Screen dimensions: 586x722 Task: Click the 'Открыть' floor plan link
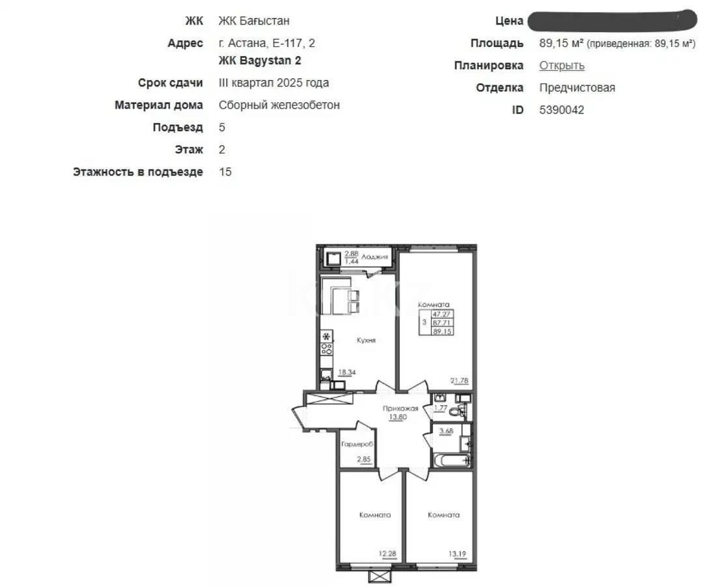[562, 66]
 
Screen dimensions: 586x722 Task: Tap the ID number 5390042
[562, 110]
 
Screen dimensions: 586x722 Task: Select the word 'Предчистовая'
[577, 88]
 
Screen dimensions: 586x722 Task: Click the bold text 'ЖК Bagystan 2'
[259, 61]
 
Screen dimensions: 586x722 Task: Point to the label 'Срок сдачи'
[170, 83]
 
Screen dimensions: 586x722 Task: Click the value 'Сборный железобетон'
[279, 105]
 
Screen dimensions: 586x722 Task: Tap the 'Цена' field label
[509, 21]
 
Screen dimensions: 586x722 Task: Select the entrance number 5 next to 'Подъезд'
[222, 128]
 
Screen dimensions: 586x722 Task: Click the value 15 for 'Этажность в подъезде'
[225, 172]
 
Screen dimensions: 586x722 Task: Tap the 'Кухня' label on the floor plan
[366, 341]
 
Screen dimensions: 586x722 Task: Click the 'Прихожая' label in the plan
[400, 408]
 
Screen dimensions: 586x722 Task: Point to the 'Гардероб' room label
[356, 443]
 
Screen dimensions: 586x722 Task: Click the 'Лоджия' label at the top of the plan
[375, 257]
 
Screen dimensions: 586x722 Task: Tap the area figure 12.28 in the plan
[388, 554]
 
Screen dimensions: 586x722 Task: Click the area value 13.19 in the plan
[457, 554]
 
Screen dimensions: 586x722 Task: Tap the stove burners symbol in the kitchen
[326, 348]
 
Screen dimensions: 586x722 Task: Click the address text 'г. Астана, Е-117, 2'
[267, 44]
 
